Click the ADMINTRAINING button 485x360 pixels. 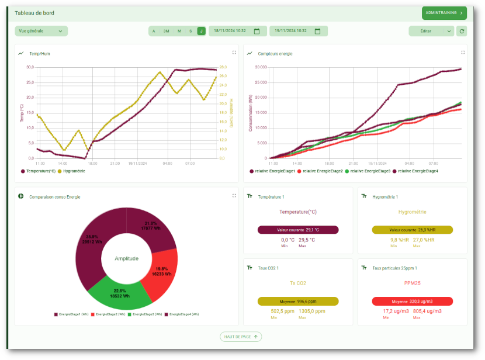click(444, 13)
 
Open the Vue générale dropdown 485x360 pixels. click(41, 31)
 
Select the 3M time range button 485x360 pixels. click(166, 31)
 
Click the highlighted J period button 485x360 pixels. click(201, 31)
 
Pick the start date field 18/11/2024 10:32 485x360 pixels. click(230, 31)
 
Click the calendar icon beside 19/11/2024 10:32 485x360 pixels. click(318, 31)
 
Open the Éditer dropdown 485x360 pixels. click(431, 31)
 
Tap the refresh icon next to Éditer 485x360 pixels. click(462, 31)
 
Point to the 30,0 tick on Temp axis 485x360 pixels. click(30, 67)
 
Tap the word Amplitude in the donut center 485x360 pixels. click(127, 258)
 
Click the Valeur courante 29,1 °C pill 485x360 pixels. click(298, 230)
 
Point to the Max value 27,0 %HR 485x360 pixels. click(422, 240)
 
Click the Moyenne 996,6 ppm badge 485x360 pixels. click(298, 302)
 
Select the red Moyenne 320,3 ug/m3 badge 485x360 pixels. click(412, 302)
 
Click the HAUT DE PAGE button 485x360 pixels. click(241, 337)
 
